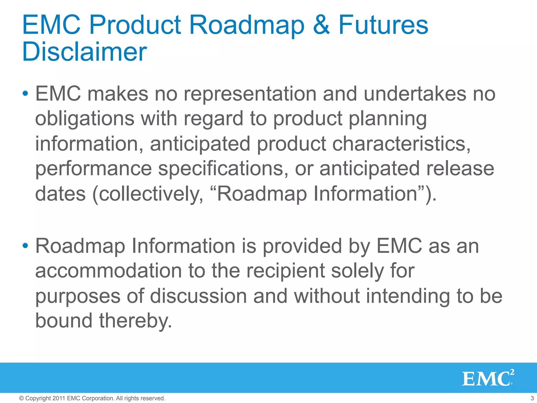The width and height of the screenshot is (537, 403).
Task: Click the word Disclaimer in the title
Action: pos(84,52)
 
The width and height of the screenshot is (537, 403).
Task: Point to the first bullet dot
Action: pos(25,93)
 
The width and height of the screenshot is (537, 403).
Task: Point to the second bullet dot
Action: pos(25,246)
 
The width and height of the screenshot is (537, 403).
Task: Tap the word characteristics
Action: pos(401,144)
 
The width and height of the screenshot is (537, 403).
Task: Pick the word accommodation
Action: pos(108,271)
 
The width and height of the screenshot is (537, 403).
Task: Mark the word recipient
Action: pos(286,271)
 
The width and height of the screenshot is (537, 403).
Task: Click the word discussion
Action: pos(198,296)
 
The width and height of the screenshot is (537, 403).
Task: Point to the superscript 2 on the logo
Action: pos(512,372)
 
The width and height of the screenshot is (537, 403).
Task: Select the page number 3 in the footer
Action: pos(532,398)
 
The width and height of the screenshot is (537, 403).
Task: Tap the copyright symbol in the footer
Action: pos(22,398)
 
